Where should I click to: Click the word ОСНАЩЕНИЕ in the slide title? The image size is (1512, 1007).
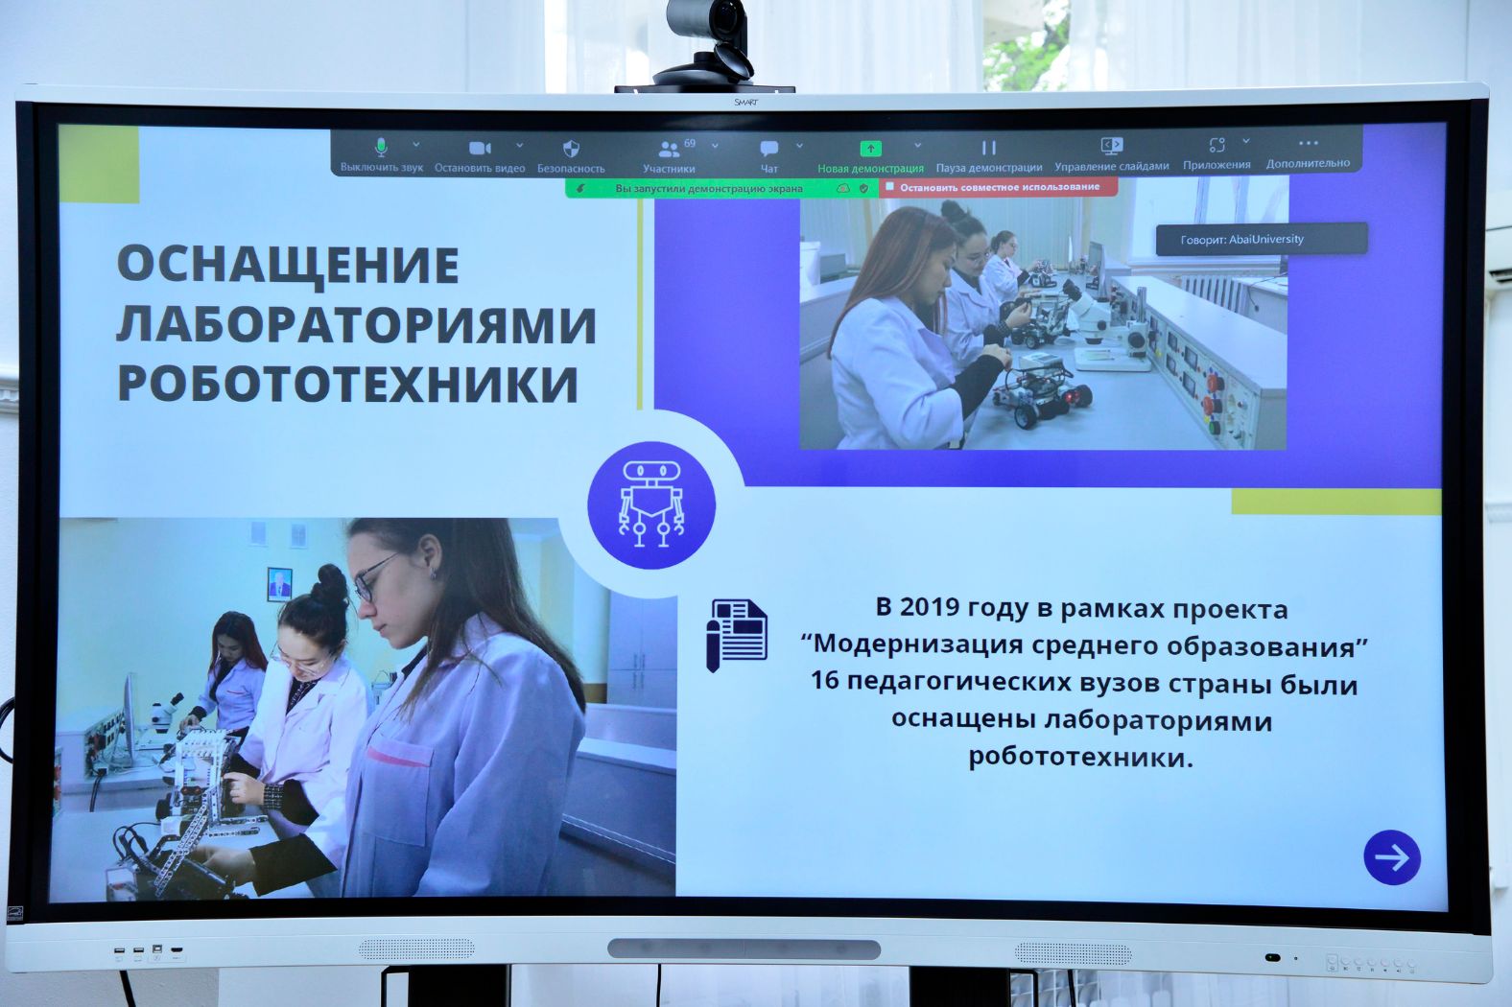(x=288, y=265)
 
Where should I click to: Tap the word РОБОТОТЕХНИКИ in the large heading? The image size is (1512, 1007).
(x=348, y=384)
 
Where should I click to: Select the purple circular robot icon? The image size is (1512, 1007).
(x=651, y=504)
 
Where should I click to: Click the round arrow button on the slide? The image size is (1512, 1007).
(x=1392, y=857)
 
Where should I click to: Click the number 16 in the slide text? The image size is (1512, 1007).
(x=824, y=680)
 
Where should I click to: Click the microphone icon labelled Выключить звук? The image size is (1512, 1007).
(x=382, y=147)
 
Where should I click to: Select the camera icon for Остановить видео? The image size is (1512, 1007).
(x=480, y=148)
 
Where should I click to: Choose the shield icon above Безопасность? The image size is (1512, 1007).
(x=571, y=149)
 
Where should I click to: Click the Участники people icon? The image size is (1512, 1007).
(x=669, y=149)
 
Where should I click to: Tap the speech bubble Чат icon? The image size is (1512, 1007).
(x=768, y=148)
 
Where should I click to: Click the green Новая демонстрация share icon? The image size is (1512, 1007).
(x=871, y=148)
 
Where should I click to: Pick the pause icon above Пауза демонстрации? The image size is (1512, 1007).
(x=989, y=147)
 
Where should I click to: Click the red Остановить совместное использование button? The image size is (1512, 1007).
(x=999, y=187)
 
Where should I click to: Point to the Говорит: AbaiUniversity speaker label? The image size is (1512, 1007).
(x=1262, y=239)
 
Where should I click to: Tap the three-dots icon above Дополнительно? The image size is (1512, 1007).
(x=1309, y=143)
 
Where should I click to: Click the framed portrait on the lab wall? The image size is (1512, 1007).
(x=280, y=583)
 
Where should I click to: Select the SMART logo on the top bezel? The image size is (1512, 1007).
(x=745, y=103)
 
